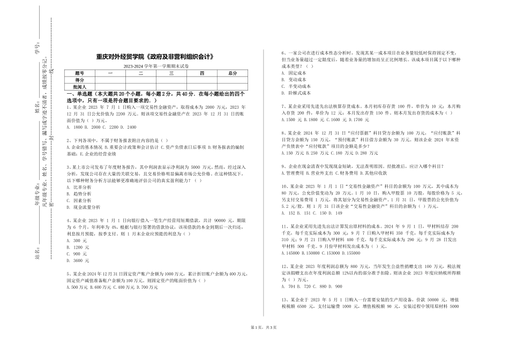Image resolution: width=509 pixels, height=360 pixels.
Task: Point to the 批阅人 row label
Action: pyautogui.click(x=80, y=86)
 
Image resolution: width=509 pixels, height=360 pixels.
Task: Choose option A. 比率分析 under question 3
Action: pyautogui.click(x=79, y=187)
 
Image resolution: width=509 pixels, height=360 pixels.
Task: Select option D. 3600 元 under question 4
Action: pyautogui.click(x=78, y=260)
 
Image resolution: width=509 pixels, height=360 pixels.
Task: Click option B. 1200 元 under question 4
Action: pyautogui.click(x=78, y=247)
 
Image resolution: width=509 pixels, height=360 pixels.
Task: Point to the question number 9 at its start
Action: pyautogui.click(x=282, y=166)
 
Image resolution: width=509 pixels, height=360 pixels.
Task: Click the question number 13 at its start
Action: pyautogui.click(x=284, y=299)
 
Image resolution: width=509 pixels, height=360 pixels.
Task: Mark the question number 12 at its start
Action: pyautogui.click(x=284, y=266)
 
